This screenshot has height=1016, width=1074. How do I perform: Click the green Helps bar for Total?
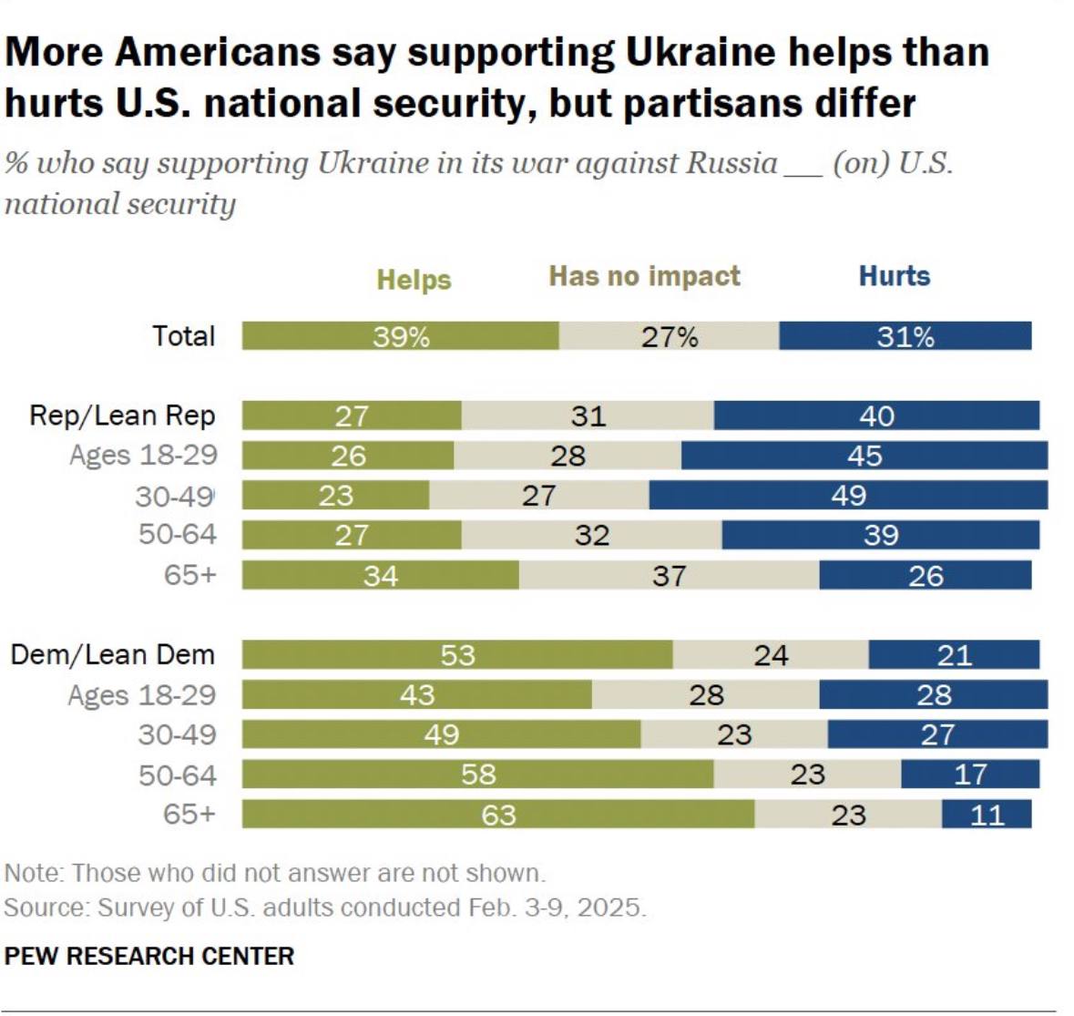tap(400, 336)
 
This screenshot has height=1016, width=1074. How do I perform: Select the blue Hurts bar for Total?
tap(905, 336)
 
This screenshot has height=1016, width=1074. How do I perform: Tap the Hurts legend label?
tap(895, 276)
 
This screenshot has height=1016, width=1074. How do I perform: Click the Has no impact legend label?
tap(644, 276)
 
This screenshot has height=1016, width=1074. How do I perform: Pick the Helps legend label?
tap(414, 280)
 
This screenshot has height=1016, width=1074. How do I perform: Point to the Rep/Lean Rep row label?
tap(122, 416)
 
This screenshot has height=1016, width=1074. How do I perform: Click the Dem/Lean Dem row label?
tap(112, 655)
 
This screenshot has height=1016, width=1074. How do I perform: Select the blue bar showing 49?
tap(848, 496)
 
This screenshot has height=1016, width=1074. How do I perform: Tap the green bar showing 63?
tap(497, 815)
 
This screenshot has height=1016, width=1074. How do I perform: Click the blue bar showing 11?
tap(987, 815)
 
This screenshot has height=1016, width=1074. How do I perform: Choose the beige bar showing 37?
tap(669, 576)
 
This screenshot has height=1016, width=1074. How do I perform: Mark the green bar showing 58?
tap(477, 775)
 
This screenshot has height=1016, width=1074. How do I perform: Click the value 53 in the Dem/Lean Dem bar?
tap(457, 655)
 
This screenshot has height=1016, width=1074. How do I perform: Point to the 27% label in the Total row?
tap(670, 337)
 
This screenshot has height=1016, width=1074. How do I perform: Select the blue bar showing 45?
tap(864, 456)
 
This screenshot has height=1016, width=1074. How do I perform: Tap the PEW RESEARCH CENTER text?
tap(149, 956)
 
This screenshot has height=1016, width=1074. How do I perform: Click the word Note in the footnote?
tap(33, 873)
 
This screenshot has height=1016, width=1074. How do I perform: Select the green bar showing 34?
tap(380, 576)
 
